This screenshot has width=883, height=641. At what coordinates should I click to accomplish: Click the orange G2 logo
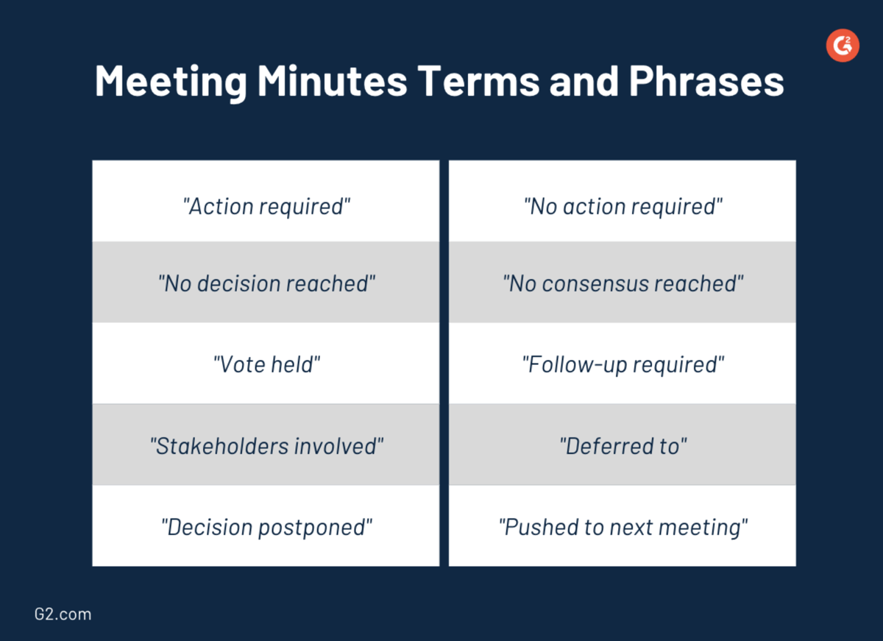click(843, 46)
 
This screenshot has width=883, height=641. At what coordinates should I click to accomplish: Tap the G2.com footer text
click(63, 614)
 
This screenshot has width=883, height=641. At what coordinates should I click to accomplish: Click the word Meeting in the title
click(171, 81)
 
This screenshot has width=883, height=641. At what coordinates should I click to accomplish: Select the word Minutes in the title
click(332, 81)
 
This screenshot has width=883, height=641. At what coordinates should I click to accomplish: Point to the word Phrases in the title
click(706, 81)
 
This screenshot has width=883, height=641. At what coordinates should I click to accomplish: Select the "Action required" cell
click(266, 207)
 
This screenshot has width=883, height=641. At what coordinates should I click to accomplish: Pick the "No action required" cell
click(623, 207)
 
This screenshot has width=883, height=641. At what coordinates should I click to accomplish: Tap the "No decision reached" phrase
click(266, 284)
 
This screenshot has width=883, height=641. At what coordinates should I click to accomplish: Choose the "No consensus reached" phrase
click(623, 284)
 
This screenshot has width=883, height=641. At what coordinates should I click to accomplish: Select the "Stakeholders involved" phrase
click(266, 446)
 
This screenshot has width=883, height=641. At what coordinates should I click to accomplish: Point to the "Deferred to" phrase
click(623, 446)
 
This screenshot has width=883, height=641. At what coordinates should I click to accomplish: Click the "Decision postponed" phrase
click(266, 527)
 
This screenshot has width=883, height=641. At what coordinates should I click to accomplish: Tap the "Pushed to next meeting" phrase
click(623, 527)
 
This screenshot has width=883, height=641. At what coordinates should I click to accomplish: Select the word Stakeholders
click(219, 446)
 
